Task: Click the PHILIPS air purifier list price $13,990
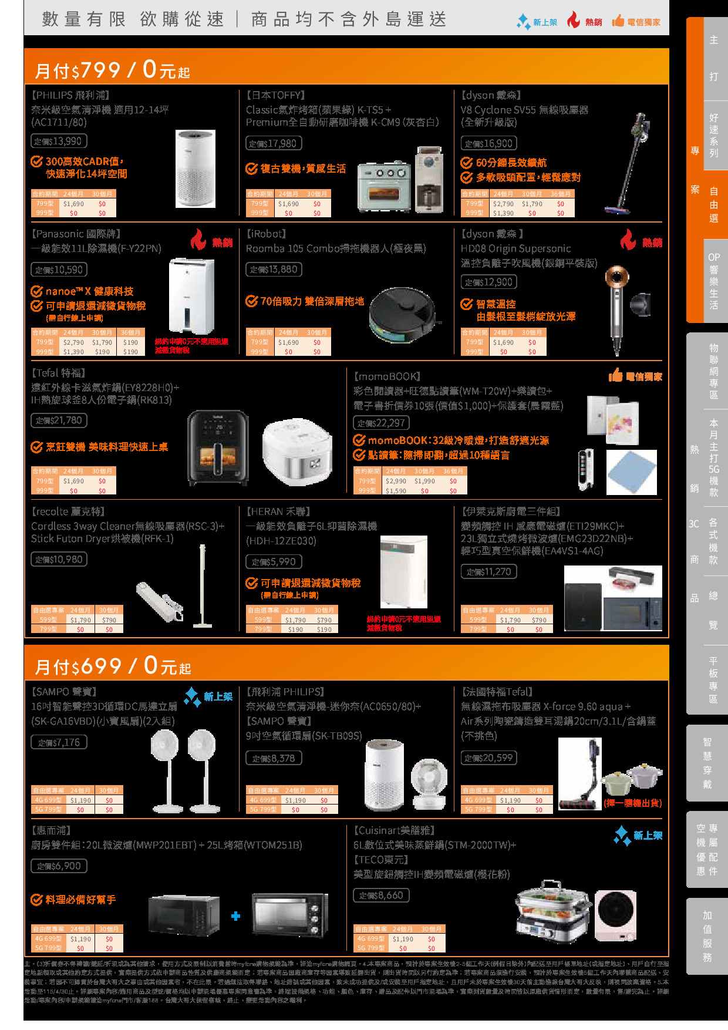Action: pyautogui.click(x=59, y=142)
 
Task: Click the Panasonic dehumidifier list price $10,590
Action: pyautogui.click(x=59, y=270)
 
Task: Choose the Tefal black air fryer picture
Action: pyautogui.click(x=218, y=447)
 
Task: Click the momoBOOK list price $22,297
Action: pyautogui.click(x=381, y=423)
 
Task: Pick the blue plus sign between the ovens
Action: pyautogui.click(x=235, y=916)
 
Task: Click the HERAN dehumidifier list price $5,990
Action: pyautogui.click(x=274, y=562)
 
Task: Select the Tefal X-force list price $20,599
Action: pyautogui.click(x=488, y=758)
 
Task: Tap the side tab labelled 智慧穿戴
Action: pyautogui.click(x=707, y=763)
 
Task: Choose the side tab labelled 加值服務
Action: pyautogui.click(x=707, y=937)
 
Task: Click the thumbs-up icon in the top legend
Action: pyautogui.click(x=618, y=22)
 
